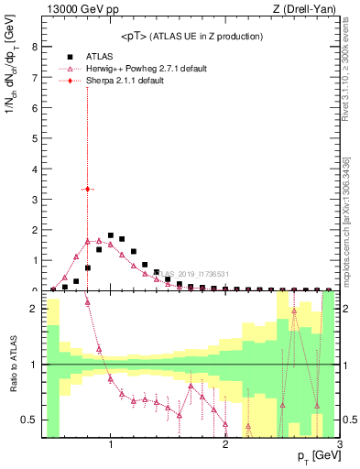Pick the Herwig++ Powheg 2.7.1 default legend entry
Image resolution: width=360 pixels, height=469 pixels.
pyautogui.click(x=145, y=69)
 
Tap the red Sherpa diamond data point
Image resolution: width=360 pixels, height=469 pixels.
pyautogui.click(x=87, y=189)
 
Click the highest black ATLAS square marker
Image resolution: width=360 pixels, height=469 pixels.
pyautogui.click(x=110, y=235)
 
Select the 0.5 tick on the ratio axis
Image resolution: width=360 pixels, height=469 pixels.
pyautogui.click(x=33, y=420)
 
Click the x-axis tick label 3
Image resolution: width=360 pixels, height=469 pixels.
pyautogui.click(x=339, y=446)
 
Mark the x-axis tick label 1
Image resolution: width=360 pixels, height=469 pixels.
pyautogui.click(x=110, y=446)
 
